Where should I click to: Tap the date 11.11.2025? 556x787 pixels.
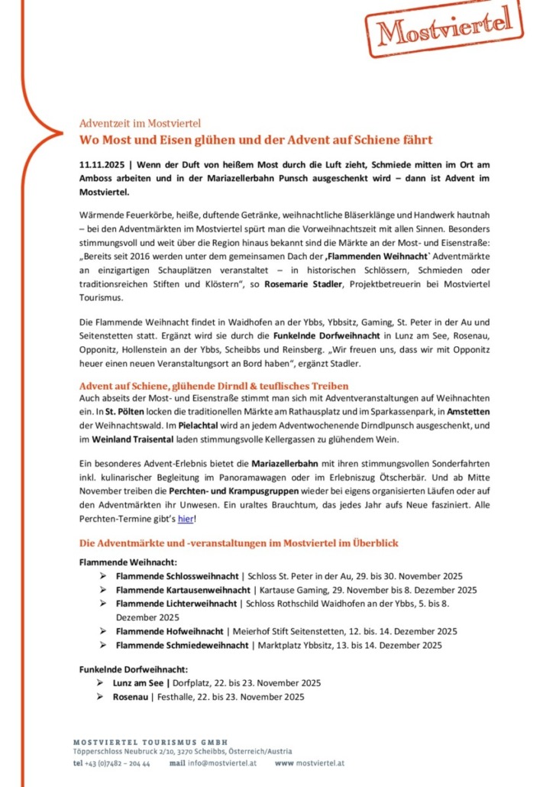tap(103, 164)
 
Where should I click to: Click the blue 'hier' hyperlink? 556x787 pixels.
tap(186, 520)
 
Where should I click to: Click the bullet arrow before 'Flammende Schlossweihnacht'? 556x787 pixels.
tap(102, 575)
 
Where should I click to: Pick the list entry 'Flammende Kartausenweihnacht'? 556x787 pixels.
tap(183, 590)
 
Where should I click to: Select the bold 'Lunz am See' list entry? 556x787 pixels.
tap(138, 682)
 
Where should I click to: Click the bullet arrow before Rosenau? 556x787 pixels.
tap(99, 696)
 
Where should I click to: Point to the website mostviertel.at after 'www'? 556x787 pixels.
tap(320, 763)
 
